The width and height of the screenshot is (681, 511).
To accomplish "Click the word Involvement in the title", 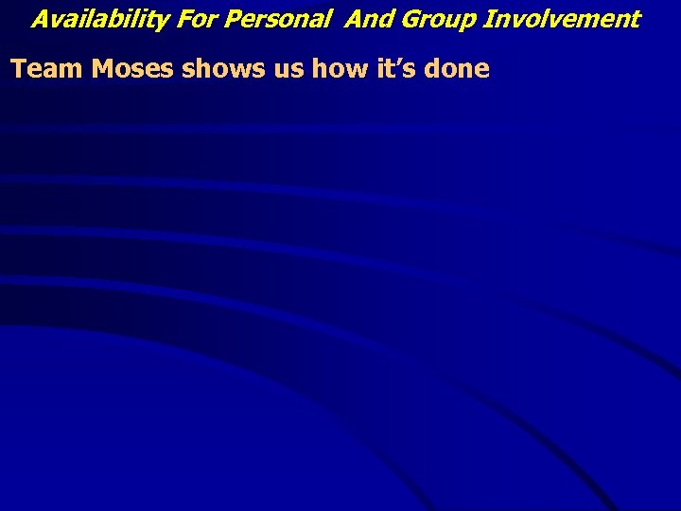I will point(562,19).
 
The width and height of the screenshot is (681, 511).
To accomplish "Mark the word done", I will point(456,69).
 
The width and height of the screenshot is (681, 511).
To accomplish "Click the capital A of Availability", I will point(40,19).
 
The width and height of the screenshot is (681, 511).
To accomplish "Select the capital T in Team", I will point(18,69).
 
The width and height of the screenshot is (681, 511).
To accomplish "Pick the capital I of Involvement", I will point(488,19).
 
